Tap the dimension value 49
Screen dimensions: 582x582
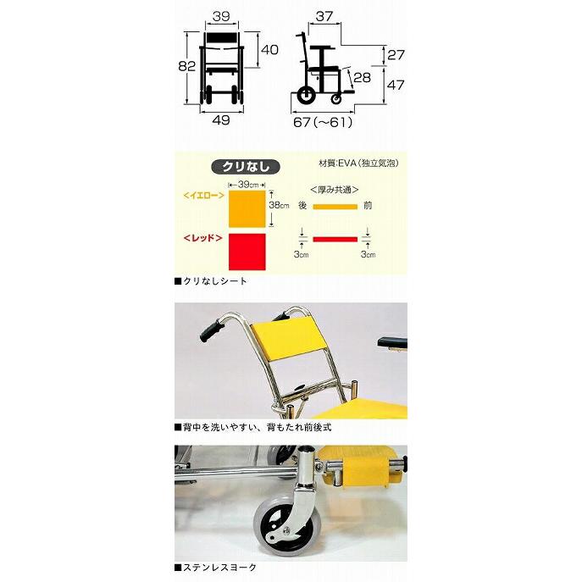pyautogui.click(x=221, y=120)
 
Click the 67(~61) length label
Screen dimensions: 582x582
pyautogui.click(x=322, y=121)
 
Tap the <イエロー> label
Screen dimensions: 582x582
pyautogui.click(x=203, y=196)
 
